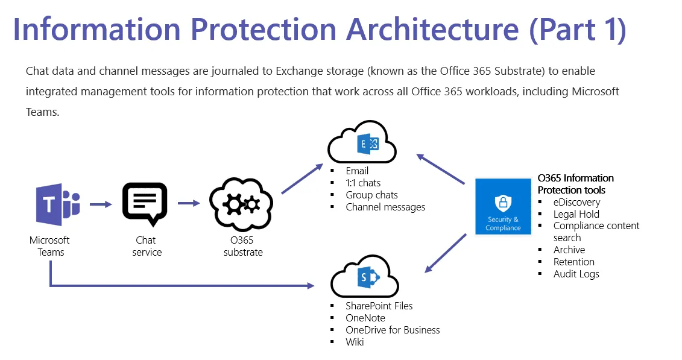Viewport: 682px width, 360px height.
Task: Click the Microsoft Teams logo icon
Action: (x=57, y=203)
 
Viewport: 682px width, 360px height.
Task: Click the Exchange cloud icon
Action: (x=362, y=144)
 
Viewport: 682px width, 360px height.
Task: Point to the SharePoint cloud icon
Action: (x=365, y=276)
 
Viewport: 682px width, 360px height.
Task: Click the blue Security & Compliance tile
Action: (x=503, y=205)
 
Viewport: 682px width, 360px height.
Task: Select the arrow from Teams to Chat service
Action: (x=101, y=204)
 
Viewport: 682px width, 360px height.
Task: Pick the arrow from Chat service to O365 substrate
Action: (x=189, y=203)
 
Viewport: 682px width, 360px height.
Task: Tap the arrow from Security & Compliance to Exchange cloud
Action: (x=441, y=168)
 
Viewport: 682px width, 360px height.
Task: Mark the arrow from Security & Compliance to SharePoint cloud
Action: (x=446, y=253)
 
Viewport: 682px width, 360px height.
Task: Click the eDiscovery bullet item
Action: (x=576, y=202)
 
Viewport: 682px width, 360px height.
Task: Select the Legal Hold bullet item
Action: (x=576, y=214)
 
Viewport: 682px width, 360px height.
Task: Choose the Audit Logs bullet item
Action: (x=576, y=274)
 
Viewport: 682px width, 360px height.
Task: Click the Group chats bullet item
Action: (x=371, y=195)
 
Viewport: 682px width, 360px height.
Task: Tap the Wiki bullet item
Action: (x=355, y=342)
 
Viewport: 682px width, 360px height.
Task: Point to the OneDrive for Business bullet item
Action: (x=393, y=330)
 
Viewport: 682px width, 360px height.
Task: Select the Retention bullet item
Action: (x=573, y=262)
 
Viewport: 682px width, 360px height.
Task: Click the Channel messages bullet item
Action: (x=385, y=207)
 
